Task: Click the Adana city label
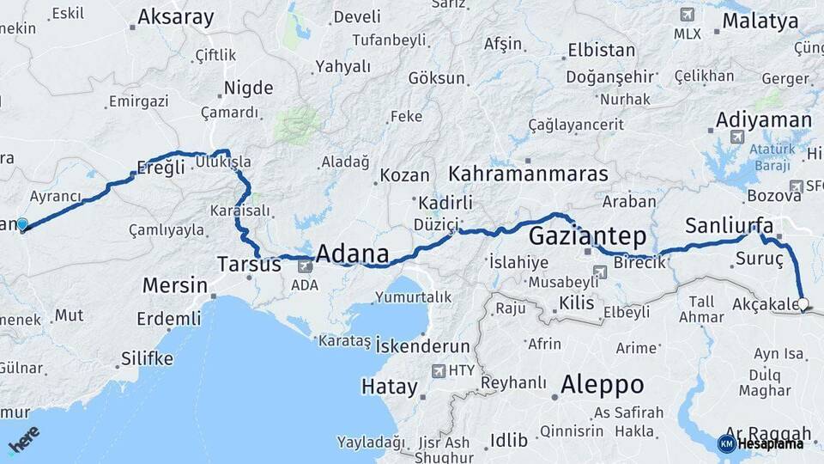click(352, 254)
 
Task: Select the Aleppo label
click(602, 384)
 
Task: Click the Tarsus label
click(249, 264)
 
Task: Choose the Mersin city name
click(174, 285)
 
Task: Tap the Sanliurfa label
click(729, 227)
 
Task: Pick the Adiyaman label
click(763, 119)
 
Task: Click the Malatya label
click(760, 21)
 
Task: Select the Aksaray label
click(175, 16)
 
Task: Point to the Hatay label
click(389, 387)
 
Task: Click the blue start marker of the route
click(22, 225)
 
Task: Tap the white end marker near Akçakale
click(803, 303)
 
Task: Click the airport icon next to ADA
click(305, 266)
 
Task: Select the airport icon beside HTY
click(440, 371)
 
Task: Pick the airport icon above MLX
click(687, 15)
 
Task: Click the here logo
click(23, 441)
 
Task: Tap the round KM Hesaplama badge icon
click(726, 443)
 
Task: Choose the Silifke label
click(147, 358)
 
